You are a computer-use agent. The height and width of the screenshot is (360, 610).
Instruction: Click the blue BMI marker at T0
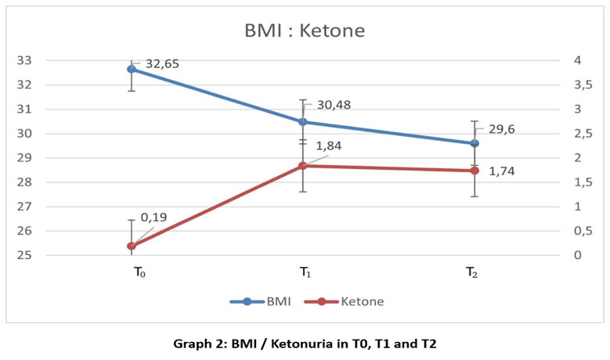pyautogui.click(x=132, y=69)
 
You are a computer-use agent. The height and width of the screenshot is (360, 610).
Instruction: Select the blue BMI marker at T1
pyautogui.click(x=302, y=121)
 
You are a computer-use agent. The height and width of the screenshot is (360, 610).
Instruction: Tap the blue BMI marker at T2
pyautogui.click(x=474, y=143)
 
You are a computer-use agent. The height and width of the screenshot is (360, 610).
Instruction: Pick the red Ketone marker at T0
pyautogui.click(x=132, y=246)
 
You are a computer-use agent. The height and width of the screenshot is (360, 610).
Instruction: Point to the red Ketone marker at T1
pyautogui.click(x=302, y=166)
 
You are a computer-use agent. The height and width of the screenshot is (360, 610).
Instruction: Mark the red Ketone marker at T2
pyautogui.click(x=474, y=171)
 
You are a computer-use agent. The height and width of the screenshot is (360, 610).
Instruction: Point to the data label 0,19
pyautogui.click(x=153, y=217)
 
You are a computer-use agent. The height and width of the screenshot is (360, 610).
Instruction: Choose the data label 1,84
pyautogui.click(x=328, y=146)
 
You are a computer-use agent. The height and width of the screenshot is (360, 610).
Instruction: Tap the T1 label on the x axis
pyautogui.click(x=303, y=272)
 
